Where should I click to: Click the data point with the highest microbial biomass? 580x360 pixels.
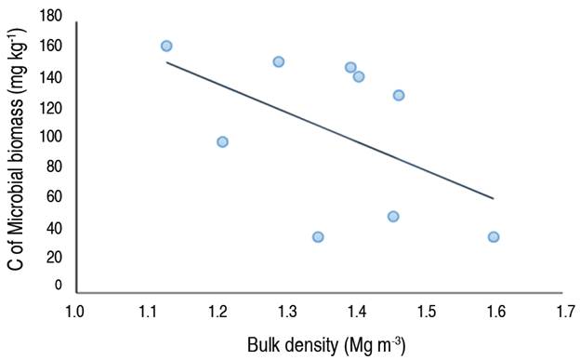tap(166, 46)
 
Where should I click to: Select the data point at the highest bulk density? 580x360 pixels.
tap(494, 236)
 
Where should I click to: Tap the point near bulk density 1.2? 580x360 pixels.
tap(222, 141)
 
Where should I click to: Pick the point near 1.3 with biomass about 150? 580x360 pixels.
tap(278, 61)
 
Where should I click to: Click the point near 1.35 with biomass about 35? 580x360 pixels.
tap(318, 236)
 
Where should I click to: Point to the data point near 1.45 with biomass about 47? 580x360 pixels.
tap(393, 216)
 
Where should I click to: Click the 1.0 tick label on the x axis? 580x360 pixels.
tap(74, 310)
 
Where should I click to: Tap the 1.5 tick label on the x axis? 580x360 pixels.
tap(426, 310)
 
